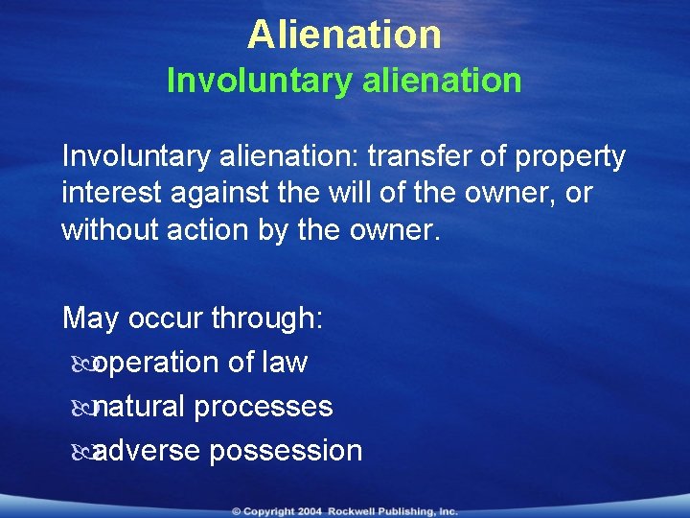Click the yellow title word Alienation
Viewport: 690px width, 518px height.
pyautogui.click(x=344, y=35)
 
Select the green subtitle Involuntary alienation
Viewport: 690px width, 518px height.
pyautogui.click(x=344, y=81)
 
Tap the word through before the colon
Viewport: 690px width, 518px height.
pyautogui.click(x=265, y=318)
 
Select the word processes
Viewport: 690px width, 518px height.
pyautogui.click(x=264, y=407)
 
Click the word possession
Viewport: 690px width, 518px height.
pyautogui.click(x=286, y=450)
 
